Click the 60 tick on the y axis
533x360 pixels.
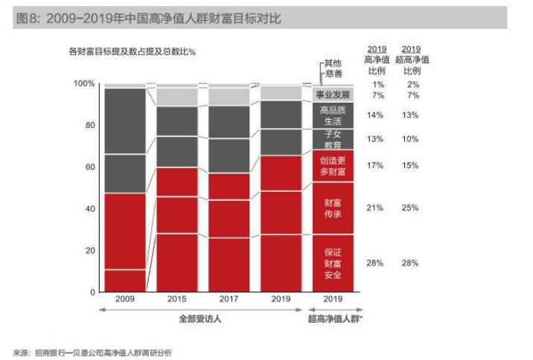coord(90,167)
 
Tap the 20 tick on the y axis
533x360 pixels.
coord(90,251)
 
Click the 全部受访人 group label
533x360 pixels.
coord(203,320)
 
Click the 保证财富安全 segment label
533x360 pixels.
coord(333,263)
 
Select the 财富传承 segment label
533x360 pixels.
coord(333,208)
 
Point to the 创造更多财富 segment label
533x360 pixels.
coord(333,166)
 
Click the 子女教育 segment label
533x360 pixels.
coord(333,139)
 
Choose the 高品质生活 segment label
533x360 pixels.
coord(333,115)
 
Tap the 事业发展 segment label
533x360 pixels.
coord(333,95)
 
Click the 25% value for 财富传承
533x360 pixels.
coord(411,208)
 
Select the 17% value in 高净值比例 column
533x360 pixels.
coord(374,165)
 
